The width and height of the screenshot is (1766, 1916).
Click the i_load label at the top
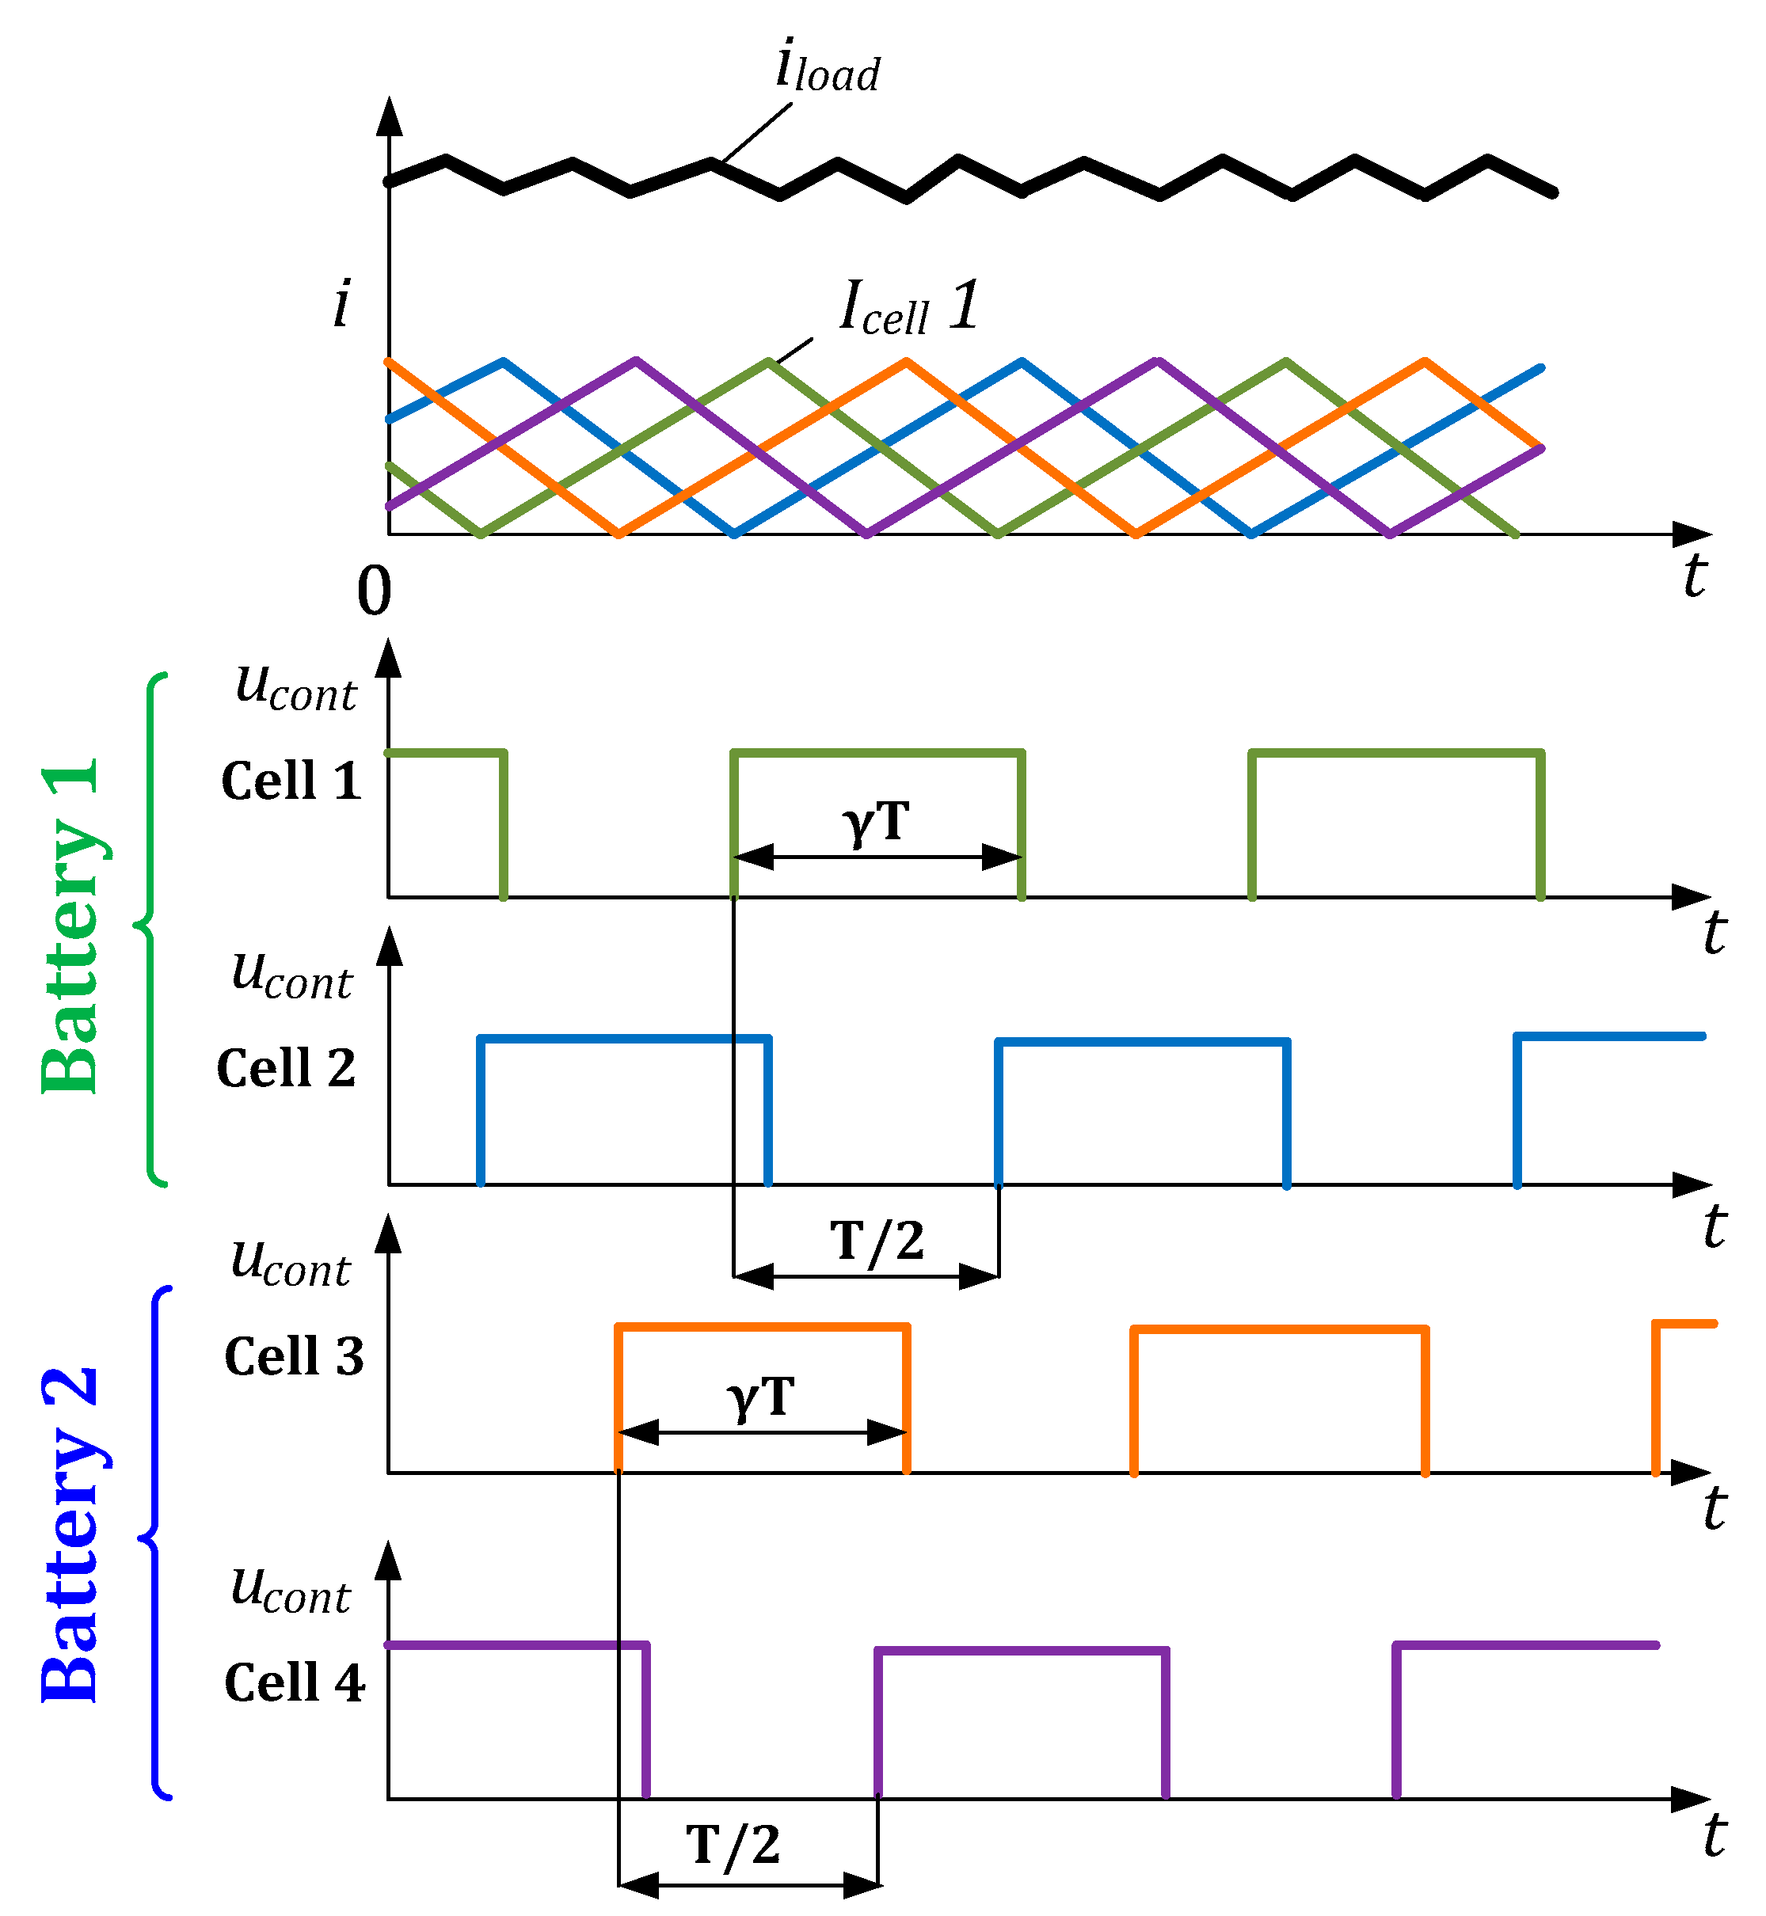(x=827, y=67)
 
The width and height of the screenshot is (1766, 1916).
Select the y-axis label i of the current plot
(x=341, y=303)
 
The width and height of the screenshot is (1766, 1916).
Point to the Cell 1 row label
(x=291, y=781)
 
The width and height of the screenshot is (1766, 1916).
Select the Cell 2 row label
(x=286, y=1067)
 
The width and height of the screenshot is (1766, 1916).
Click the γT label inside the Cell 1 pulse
(x=875, y=822)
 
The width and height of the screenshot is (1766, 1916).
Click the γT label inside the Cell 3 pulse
(x=761, y=1397)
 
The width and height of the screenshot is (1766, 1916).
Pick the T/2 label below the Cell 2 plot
(x=877, y=1241)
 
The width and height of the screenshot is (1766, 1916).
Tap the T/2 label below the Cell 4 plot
(x=733, y=1843)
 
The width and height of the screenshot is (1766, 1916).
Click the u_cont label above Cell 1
(x=295, y=686)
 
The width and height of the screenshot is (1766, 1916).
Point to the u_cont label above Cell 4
(x=291, y=1588)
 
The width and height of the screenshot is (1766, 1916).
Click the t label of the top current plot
(x=1694, y=576)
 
